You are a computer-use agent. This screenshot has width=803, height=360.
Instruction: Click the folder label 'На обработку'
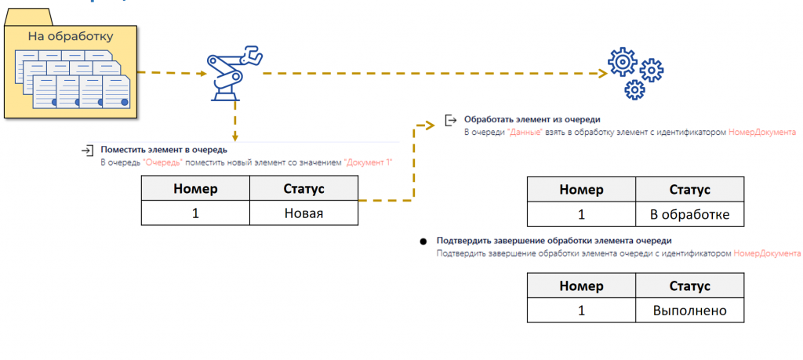pyautogui.click(x=70, y=36)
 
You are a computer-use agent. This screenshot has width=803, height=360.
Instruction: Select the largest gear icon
pyautogui.click(x=622, y=62)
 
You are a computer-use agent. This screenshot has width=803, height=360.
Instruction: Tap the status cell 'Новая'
pyautogui.click(x=303, y=213)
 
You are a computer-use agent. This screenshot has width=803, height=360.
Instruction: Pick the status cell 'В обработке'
pyautogui.click(x=689, y=214)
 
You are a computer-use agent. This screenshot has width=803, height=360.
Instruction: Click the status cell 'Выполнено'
pyautogui.click(x=689, y=311)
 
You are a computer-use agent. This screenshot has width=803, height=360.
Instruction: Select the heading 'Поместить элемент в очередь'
pyautogui.click(x=164, y=150)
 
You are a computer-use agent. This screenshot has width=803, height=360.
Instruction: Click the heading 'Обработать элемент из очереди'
pyautogui.click(x=532, y=119)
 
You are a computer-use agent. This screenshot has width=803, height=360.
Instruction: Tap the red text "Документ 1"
pyautogui.click(x=369, y=162)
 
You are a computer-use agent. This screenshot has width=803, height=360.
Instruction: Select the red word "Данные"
pyautogui.click(x=525, y=132)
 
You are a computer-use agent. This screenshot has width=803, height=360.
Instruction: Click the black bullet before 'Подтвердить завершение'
pyautogui.click(x=423, y=241)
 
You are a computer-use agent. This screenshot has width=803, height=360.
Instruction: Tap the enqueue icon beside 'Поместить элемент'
pyautogui.click(x=88, y=151)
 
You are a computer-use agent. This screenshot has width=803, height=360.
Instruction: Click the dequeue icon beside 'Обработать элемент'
pyautogui.click(x=451, y=120)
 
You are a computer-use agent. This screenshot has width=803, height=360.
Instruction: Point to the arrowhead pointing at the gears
pyautogui.click(x=603, y=73)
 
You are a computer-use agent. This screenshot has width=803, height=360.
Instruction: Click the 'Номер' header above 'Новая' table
pyautogui.click(x=195, y=188)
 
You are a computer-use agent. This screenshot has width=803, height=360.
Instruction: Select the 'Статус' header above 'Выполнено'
pyautogui.click(x=689, y=285)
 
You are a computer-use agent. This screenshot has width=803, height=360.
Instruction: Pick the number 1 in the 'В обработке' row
pyautogui.click(x=581, y=214)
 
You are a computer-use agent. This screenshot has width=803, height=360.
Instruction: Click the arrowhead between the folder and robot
pyautogui.click(x=202, y=73)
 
